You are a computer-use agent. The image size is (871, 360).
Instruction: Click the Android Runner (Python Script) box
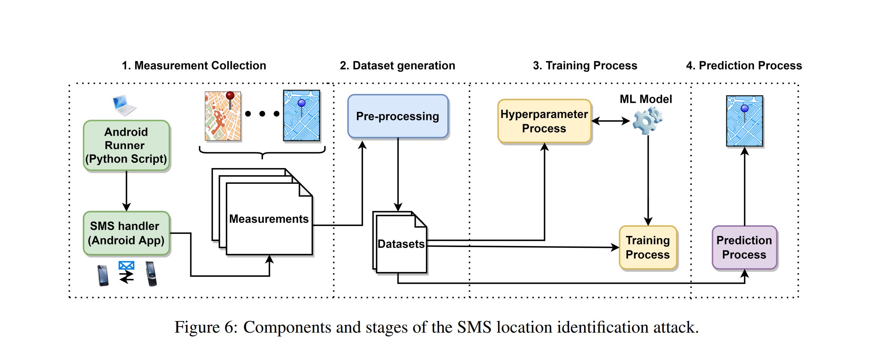pyautogui.click(x=127, y=145)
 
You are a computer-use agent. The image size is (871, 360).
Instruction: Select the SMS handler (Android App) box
pyautogui.click(x=127, y=233)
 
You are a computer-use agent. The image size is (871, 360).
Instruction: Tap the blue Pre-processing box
pyautogui.click(x=398, y=116)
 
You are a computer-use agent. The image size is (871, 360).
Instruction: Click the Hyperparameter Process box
pyautogui.click(x=544, y=121)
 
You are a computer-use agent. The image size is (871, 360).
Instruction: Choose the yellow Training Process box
pyautogui.click(x=648, y=247)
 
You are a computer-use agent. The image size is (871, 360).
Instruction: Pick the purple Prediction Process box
pyautogui.click(x=744, y=247)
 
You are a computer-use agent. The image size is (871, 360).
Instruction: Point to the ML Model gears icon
pyautogui.click(x=648, y=120)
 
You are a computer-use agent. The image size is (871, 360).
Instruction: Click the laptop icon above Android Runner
pyautogui.click(x=124, y=105)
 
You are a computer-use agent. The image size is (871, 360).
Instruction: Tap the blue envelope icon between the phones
pyautogui.click(x=126, y=265)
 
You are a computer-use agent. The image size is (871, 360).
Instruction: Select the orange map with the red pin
pyautogui.click(x=223, y=116)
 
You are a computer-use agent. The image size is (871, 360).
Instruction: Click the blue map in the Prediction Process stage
pyautogui.click(x=744, y=121)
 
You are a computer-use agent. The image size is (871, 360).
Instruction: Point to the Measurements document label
pyautogui.click(x=269, y=219)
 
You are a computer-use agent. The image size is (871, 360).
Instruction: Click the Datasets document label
pyautogui.click(x=401, y=244)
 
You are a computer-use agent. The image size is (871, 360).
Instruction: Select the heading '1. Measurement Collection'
pyautogui.click(x=194, y=66)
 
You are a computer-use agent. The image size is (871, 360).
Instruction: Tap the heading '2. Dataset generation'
pyautogui.click(x=397, y=66)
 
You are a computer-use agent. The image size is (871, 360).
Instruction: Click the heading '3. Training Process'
pyautogui.click(x=585, y=66)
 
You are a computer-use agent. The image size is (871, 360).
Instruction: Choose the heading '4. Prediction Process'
pyautogui.click(x=744, y=66)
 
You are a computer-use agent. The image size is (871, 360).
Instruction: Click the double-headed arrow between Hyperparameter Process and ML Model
pyautogui.click(x=611, y=121)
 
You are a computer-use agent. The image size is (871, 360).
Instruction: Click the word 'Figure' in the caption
pyautogui.click(x=197, y=327)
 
